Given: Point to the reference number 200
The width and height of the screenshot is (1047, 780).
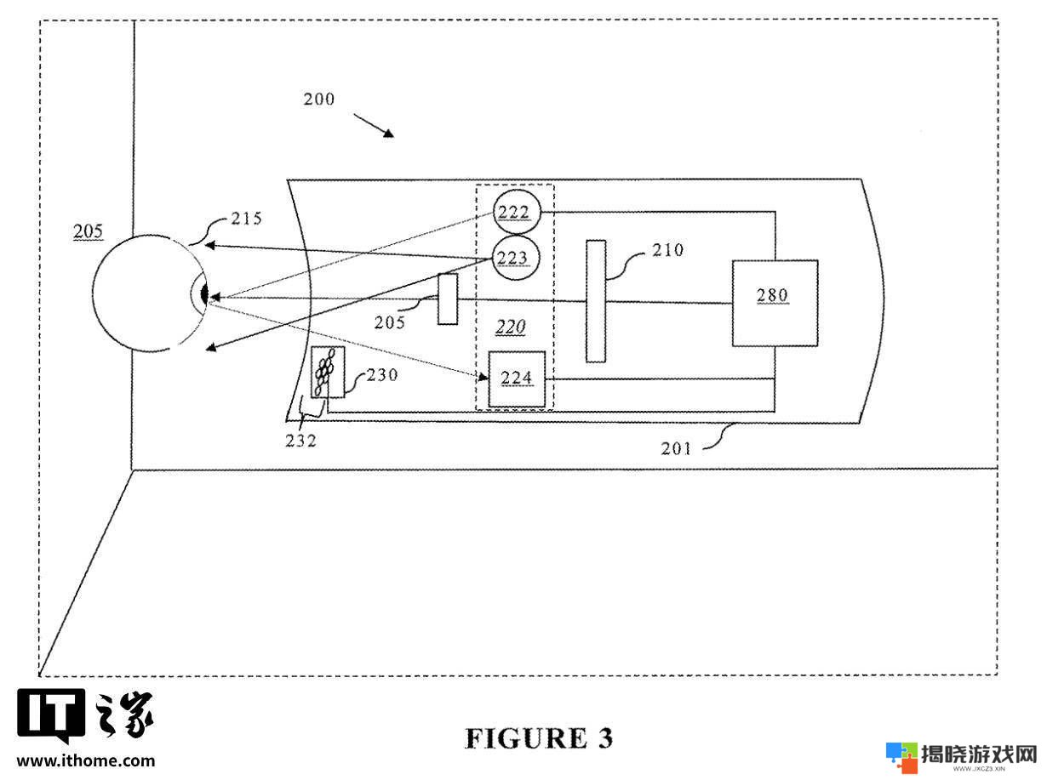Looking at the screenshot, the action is pos(318,100).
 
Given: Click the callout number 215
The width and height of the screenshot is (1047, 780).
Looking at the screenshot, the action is pos(246,219).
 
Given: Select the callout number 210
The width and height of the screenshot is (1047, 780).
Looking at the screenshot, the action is pos(668,250).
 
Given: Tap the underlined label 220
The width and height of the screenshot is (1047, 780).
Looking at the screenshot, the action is pos(511,327).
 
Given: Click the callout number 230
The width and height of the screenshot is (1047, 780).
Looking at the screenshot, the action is pos(382,375).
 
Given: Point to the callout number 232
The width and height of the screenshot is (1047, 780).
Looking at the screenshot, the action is pos(300,441).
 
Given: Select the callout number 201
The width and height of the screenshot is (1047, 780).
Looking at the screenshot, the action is pos(675,448).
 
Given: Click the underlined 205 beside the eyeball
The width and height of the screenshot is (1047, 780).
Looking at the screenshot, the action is pos(88,231).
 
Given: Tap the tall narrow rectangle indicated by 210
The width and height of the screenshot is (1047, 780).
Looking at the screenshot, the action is pos(596,301).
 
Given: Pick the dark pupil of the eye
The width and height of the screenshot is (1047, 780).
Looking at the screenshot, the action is pos(204,294).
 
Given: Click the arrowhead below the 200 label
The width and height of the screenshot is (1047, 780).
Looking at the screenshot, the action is pos(389,134).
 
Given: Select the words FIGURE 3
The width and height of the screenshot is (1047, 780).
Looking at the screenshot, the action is pos(539,738).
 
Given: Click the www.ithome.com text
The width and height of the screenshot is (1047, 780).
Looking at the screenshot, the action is pos(86,760).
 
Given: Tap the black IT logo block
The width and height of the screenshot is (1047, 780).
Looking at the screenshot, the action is pos(51,715).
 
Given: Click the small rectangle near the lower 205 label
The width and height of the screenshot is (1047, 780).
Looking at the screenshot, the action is pos(448,299).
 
